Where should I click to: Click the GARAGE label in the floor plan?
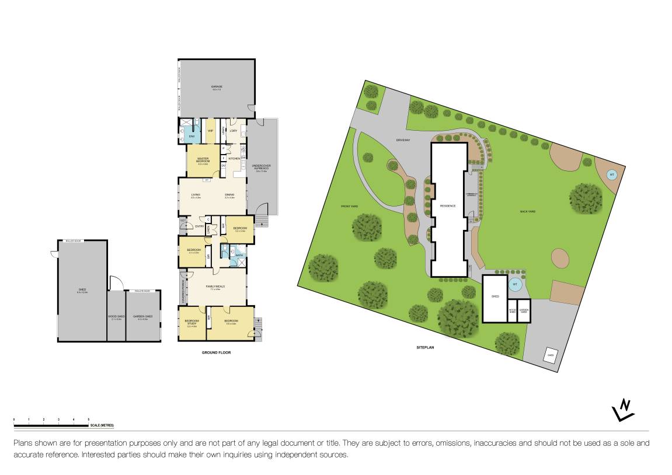[x=217, y=87]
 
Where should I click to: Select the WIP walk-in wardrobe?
[x=210, y=131]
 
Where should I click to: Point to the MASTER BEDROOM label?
[x=203, y=159]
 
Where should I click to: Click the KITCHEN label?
[x=234, y=159]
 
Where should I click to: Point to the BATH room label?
[x=239, y=254]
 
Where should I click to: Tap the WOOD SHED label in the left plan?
[x=116, y=317]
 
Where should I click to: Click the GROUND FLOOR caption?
[x=217, y=352]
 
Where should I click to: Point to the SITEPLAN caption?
[x=424, y=347]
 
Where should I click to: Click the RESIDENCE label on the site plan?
[x=448, y=206]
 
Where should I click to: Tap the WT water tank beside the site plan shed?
[x=514, y=285]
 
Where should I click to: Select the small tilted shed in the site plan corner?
[x=549, y=354]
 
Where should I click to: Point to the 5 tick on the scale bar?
[x=88, y=420]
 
